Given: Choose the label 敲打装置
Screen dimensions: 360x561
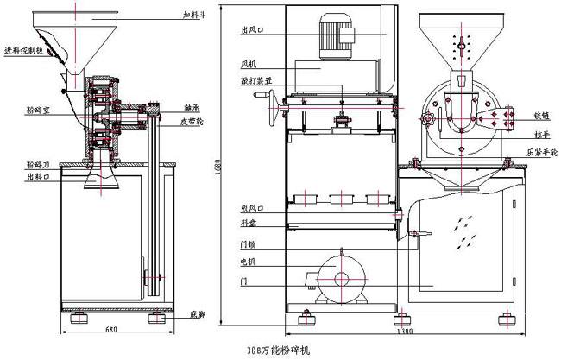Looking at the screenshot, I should [253, 78].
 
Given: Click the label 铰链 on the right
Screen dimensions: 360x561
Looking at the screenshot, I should [543, 113].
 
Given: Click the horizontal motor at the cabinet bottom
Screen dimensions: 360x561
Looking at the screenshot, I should [341, 278].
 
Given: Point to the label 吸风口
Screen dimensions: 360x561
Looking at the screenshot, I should [252, 209].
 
